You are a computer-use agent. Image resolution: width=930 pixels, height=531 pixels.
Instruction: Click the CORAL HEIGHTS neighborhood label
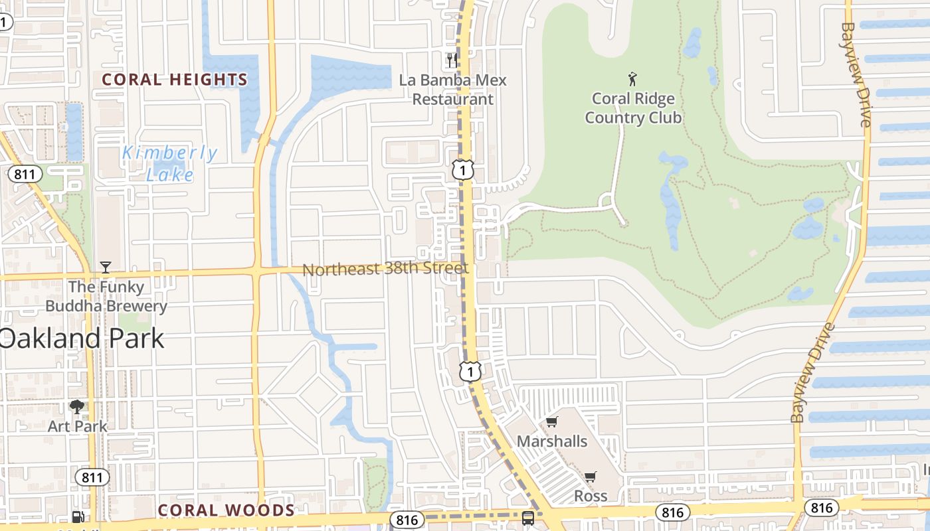(175, 80)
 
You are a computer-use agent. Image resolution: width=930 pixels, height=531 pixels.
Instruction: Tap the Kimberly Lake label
(170, 163)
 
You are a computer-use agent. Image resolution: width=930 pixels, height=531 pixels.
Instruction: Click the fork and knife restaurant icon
(452, 60)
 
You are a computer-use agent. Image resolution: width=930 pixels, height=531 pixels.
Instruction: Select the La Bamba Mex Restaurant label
(453, 90)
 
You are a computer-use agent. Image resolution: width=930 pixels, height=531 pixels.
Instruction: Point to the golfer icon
(632, 80)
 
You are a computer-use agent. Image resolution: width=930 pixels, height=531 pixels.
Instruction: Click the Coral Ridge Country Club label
(633, 108)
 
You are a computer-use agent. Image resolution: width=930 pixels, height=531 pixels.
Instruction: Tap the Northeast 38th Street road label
(385, 269)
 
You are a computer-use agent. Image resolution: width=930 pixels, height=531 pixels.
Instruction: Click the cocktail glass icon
(106, 267)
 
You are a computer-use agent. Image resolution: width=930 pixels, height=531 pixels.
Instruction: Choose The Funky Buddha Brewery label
(106, 297)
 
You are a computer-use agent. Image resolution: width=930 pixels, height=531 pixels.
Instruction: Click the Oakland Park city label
(81, 339)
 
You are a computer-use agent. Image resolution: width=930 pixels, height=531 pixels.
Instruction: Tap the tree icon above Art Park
(77, 406)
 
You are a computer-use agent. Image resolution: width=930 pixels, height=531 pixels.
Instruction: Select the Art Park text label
(77, 426)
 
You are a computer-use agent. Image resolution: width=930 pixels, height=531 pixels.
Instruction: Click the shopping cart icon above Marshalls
(551, 422)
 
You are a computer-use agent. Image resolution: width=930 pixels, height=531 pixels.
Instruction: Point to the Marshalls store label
(552, 441)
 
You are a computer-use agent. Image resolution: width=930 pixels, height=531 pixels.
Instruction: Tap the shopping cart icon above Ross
(590, 477)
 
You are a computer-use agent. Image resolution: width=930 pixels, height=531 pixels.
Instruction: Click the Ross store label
(591, 496)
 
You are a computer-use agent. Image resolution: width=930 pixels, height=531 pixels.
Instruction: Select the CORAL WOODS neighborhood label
(226, 510)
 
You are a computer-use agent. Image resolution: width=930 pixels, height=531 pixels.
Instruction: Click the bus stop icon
(528, 518)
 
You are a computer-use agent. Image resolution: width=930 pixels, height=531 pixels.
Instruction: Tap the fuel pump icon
(78, 517)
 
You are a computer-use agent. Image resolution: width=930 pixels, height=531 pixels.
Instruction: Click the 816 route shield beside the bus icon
(407, 520)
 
